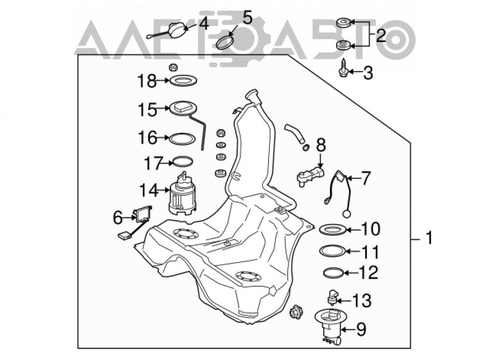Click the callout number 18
click(147, 81)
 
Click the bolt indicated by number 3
click(343, 68)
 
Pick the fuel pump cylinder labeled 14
click(183, 195)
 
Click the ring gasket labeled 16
click(182, 138)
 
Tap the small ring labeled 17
click(183, 161)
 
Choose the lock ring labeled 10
click(333, 230)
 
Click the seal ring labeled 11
click(333, 251)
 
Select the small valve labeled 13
click(332, 297)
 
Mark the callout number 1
click(429, 238)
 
